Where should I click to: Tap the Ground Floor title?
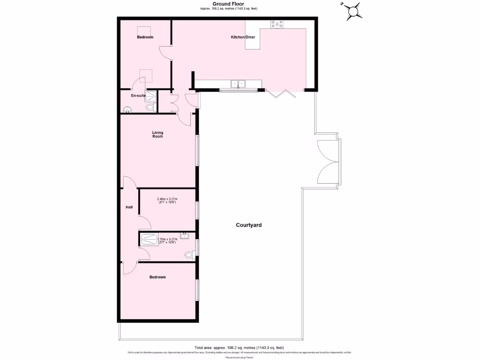point(228,4)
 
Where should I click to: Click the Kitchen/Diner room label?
point(243,37)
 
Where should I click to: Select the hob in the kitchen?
point(276,24)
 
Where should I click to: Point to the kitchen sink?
point(240,84)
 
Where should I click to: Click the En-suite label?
point(138,96)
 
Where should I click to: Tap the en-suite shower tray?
point(150,96)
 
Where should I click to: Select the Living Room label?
point(157,135)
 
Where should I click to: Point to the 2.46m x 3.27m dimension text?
point(166,201)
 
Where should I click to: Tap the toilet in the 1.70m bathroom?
point(189,255)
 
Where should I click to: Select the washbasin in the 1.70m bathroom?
point(184,235)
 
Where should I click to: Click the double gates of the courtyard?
point(328,162)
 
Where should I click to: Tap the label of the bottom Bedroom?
point(157,277)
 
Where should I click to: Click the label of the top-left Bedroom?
point(145,37)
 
